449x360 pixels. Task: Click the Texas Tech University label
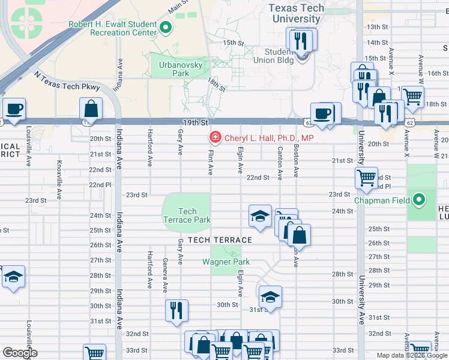coord(296,13)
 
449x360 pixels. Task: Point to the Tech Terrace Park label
coord(187,215)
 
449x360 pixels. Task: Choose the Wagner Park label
coord(226,262)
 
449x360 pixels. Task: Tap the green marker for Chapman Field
coord(418,200)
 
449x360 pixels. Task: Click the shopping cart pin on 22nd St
coord(366,178)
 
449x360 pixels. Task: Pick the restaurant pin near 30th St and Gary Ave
coord(176,310)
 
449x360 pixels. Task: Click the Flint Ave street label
coord(211,163)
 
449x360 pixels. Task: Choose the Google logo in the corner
coord(20,353)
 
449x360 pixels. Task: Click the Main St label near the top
coord(178,7)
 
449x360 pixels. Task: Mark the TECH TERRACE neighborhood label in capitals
coord(219,239)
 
